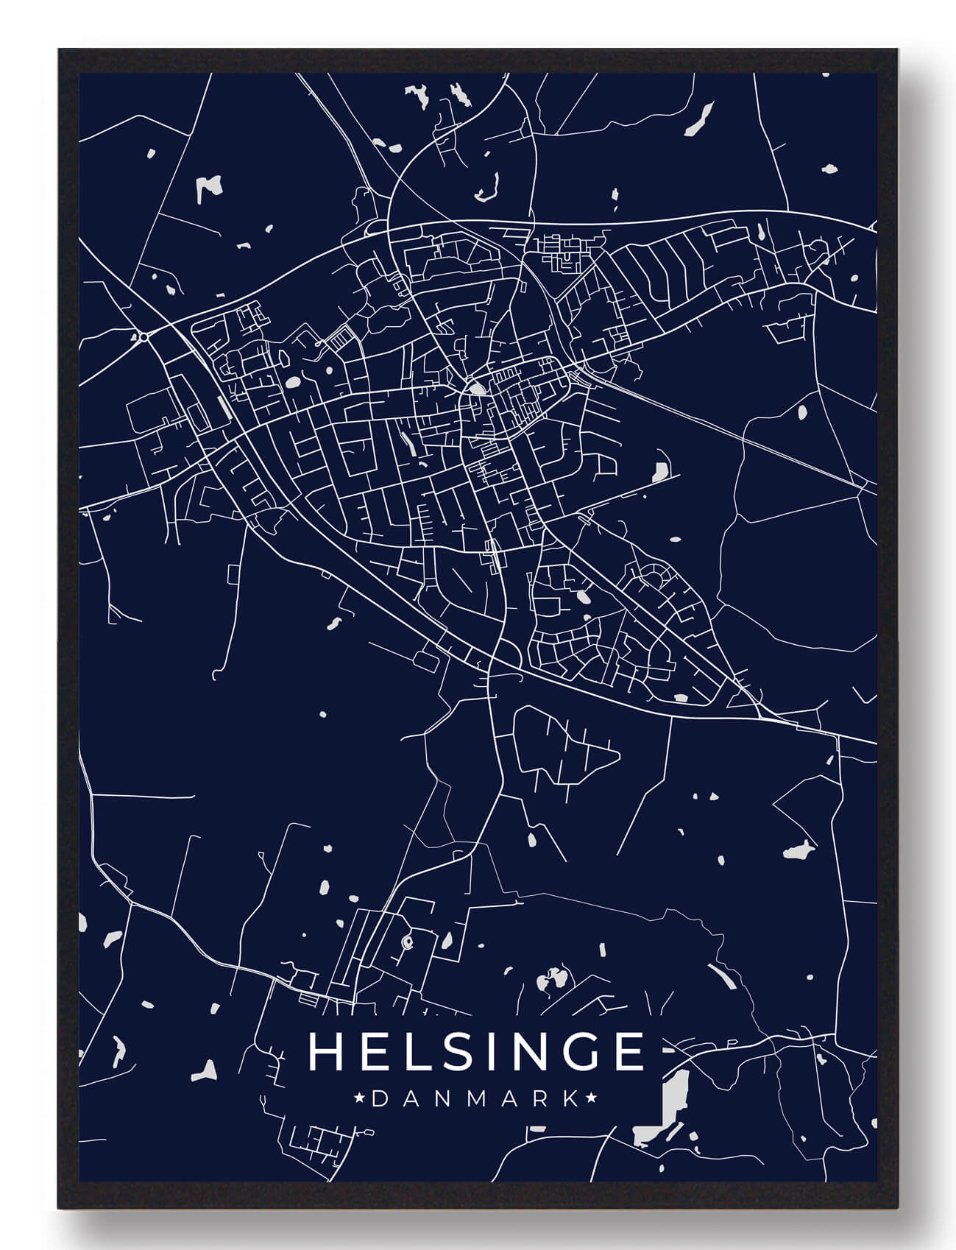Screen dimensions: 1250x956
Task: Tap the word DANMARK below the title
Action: [x=475, y=1098]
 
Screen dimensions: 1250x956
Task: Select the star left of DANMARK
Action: [x=360, y=1098]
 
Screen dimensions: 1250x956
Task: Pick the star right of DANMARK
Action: [x=589, y=1098]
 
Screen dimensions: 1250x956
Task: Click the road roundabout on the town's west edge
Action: [x=143, y=336]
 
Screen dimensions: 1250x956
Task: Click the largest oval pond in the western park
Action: [x=293, y=383]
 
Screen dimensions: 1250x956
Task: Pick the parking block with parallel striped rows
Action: [x=341, y=340]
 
